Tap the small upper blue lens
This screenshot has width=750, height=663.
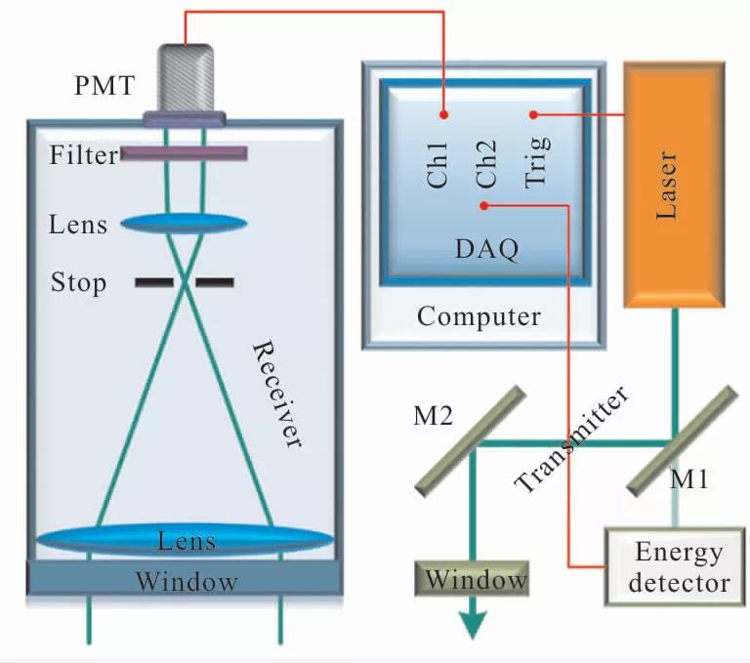[x=184, y=224]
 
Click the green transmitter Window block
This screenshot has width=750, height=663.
[x=474, y=581]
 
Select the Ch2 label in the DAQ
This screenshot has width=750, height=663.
[x=486, y=164]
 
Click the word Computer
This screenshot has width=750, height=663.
[x=479, y=316]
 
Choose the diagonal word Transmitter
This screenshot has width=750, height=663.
[x=571, y=440]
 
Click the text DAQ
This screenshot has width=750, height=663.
[x=485, y=248]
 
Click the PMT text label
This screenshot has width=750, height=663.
[x=102, y=86]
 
